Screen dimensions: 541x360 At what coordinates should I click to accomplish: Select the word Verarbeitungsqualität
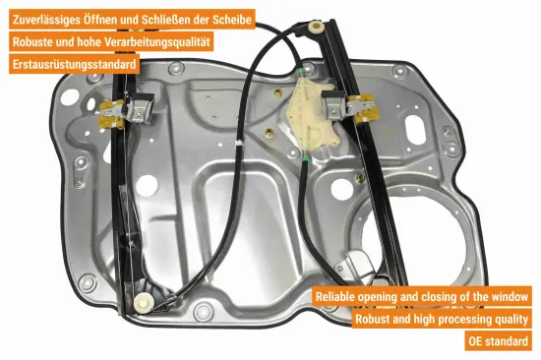click(x=157, y=42)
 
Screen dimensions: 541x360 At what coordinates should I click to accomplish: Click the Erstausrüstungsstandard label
click(x=74, y=64)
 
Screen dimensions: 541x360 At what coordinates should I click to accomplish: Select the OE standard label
click(x=498, y=341)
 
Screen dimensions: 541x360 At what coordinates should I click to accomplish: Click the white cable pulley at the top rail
click(x=316, y=27)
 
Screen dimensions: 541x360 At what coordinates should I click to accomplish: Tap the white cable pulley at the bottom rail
click(x=143, y=303)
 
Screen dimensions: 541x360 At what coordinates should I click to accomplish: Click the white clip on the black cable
click(x=238, y=143)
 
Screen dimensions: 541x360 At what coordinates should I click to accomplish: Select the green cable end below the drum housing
click(x=305, y=159)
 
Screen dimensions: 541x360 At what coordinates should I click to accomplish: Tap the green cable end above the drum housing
click(x=302, y=71)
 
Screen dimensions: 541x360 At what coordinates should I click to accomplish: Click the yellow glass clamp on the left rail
click(x=110, y=115)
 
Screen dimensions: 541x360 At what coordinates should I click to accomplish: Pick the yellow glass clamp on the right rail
click(x=364, y=109)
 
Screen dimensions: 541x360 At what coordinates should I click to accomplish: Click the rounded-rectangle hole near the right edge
click(x=415, y=130)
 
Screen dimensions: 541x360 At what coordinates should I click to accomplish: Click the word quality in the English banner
click(x=511, y=320)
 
